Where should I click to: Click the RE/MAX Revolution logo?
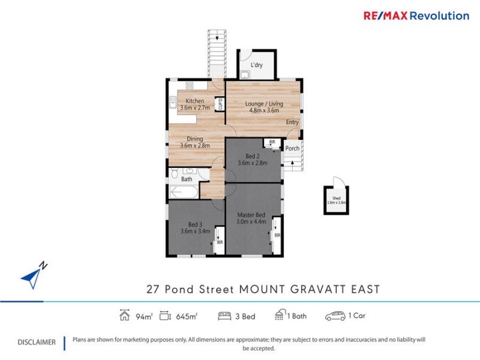tap(416, 16)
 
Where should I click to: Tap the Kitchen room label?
tap(194, 104)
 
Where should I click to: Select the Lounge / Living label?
tap(263, 107)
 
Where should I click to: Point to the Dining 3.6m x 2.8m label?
tap(194, 142)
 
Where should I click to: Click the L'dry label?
tap(257, 65)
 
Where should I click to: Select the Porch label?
tap(292, 148)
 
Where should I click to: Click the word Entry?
tap(292, 122)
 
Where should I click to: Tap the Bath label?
tap(187, 179)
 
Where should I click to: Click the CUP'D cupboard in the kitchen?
tap(220, 104)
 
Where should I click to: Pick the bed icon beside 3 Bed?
tap(225, 316)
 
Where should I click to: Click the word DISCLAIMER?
tap(36, 342)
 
